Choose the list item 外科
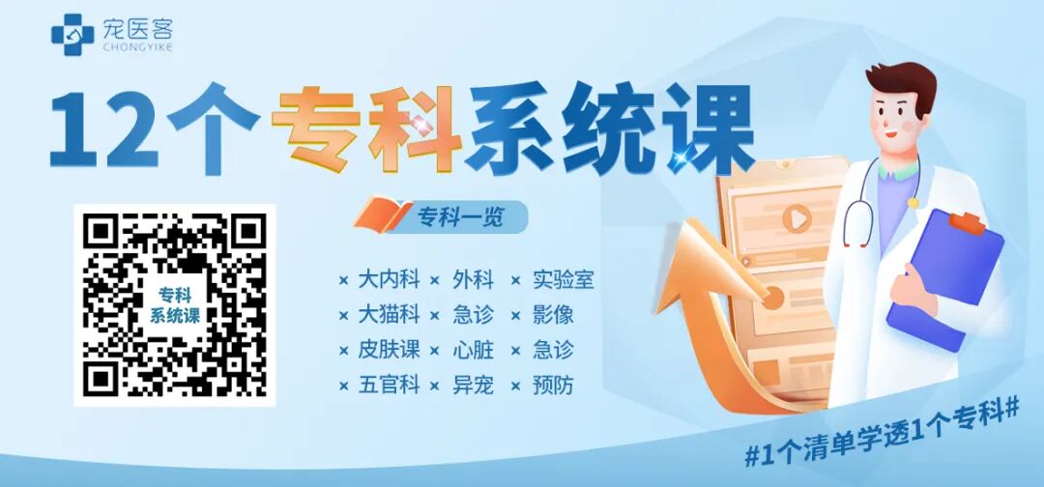pos(473,280)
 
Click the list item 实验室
pos(563,280)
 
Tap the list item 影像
pos(552,315)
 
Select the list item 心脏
pos(473,350)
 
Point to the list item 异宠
pos(473,385)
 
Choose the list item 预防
pos(552,385)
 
